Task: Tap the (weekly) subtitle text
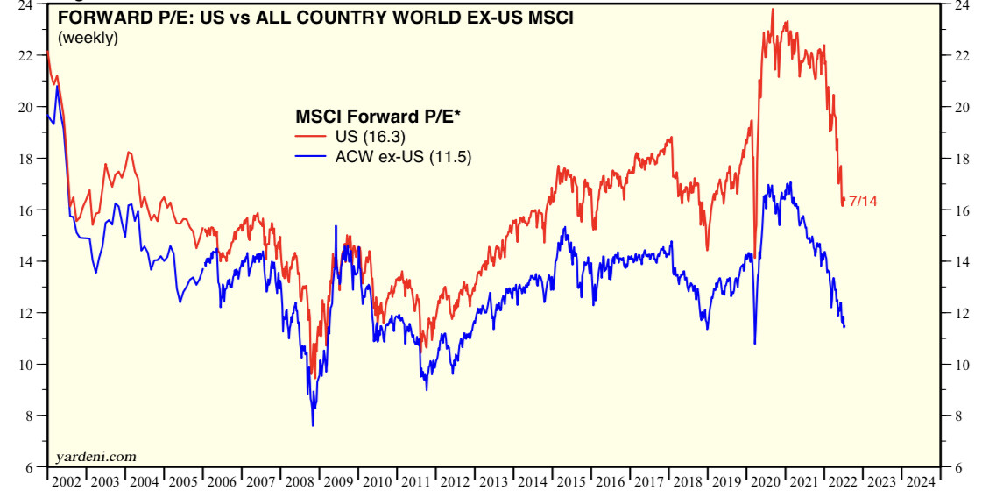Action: pyautogui.click(x=88, y=38)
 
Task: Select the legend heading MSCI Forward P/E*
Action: pyautogui.click(x=378, y=116)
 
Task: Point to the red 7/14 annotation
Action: pyautogui.click(x=863, y=202)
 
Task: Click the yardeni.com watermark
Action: pyautogui.click(x=95, y=456)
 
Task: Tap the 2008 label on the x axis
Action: pyautogui.click(x=300, y=481)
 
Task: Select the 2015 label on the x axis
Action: pyautogui.click(x=572, y=481)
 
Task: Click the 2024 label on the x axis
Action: pyautogui.click(x=921, y=481)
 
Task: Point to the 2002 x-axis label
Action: pyautogui.click(x=67, y=481)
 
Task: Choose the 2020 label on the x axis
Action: pyautogui.click(x=766, y=481)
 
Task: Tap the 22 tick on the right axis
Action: pyautogui.click(x=961, y=56)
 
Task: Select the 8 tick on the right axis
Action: pyautogui.click(x=957, y=416)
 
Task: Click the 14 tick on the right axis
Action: pyautogui.click(x=961, y=262)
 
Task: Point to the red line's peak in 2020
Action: pyautogui.click(x=772, y=10)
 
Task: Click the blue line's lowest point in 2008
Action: pyautogui.click(x=313, y=425)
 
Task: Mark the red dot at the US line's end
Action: pyautogui.click(x=844, y=201)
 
